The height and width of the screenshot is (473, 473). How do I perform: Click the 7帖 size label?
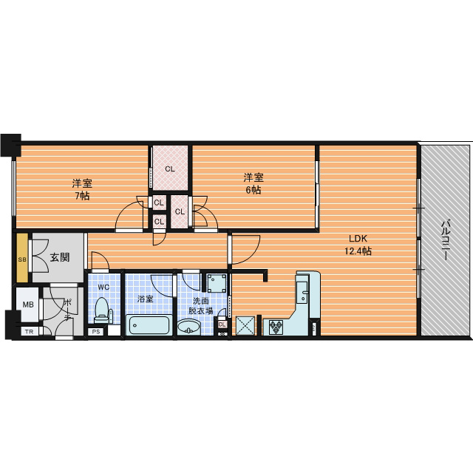click(82, 196)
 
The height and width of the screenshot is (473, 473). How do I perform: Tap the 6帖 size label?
click(253, 191)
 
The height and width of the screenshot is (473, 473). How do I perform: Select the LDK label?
click(358, 239)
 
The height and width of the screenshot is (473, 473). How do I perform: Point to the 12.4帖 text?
click(358, 251)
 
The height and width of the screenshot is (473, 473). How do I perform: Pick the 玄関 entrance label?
click(60, 257)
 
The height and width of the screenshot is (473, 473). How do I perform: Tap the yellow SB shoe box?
click(22, 258)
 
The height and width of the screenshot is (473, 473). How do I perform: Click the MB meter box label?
click(28, 304)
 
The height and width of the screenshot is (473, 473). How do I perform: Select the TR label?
click(29, 332)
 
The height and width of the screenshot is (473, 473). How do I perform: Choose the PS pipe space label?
click(96, 332)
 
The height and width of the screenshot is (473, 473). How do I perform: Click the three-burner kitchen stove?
click(276, 327)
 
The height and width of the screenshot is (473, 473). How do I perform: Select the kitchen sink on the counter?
click(302, 292)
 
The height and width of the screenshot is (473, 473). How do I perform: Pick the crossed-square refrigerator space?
click(245, 325)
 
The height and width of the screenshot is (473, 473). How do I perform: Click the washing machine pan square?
click(217, 283)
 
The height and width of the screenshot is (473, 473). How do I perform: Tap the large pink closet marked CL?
click(170, 168)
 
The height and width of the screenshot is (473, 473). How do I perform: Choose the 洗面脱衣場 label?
click(200, 305)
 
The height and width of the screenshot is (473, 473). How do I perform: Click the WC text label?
click(103, 287)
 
